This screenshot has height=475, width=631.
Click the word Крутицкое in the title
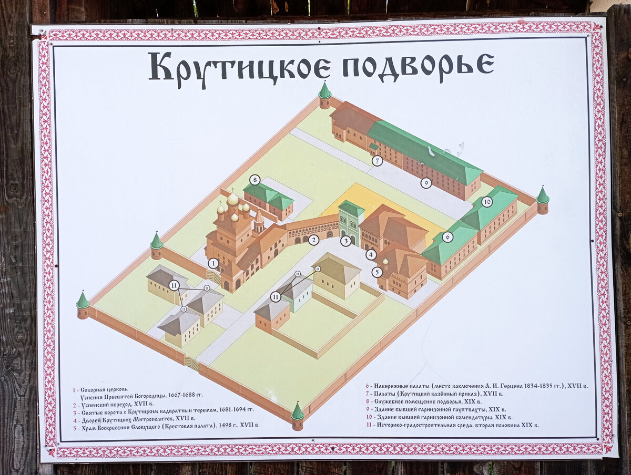coord(240,67)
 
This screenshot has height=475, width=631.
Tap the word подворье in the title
coord(419,66)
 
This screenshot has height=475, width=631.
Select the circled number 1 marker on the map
coord(213,263)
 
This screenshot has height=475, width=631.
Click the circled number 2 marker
coord(314,240)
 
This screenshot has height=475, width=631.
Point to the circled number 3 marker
coord(345,241)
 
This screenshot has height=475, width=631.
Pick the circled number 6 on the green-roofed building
coord(447,237)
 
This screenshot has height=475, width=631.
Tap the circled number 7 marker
coord(377,161)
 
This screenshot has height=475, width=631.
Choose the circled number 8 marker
coord(255,180)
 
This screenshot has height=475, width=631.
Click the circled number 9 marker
coord(426,183)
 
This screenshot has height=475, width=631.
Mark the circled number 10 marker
coord(487,201)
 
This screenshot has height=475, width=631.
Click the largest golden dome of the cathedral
coord(232,199)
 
